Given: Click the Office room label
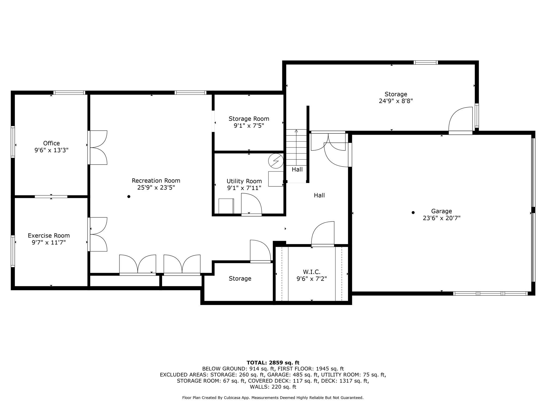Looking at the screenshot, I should (51, 143).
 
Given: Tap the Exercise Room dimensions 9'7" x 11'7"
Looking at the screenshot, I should (49, 243).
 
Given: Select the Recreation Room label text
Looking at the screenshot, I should (156, 181).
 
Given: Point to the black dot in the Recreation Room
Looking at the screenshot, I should (129, 197).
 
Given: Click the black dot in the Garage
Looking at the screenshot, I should (413, 212).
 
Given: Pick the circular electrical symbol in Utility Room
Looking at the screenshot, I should (276, 161).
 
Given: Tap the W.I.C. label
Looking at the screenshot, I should (311, 272).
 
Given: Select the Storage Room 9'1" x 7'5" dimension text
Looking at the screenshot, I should (249, 126).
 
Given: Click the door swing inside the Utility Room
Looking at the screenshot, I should (251, 204).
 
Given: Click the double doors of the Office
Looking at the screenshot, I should (98, 148).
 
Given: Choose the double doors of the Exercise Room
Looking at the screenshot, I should (98, 234).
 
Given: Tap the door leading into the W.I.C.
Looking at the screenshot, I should (323, 233).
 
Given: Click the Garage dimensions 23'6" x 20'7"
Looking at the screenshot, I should (441, 218).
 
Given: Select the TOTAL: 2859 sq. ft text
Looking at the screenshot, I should (273, 363).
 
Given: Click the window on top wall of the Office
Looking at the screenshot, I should (69, 93).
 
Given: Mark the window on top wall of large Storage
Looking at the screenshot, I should (425, 63).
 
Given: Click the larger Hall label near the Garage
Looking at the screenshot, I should (319, 195).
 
